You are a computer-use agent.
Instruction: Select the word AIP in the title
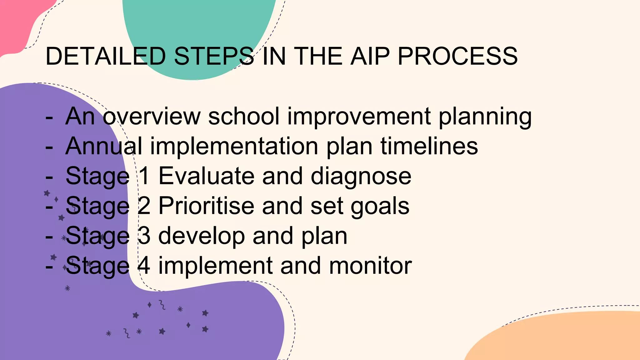370,56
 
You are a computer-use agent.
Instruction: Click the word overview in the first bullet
152,116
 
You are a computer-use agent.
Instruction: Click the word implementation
234,146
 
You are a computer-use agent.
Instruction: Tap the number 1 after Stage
144,176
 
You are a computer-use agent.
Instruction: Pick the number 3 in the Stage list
144,236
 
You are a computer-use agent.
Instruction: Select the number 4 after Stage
144,266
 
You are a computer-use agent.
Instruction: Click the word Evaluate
206,176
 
